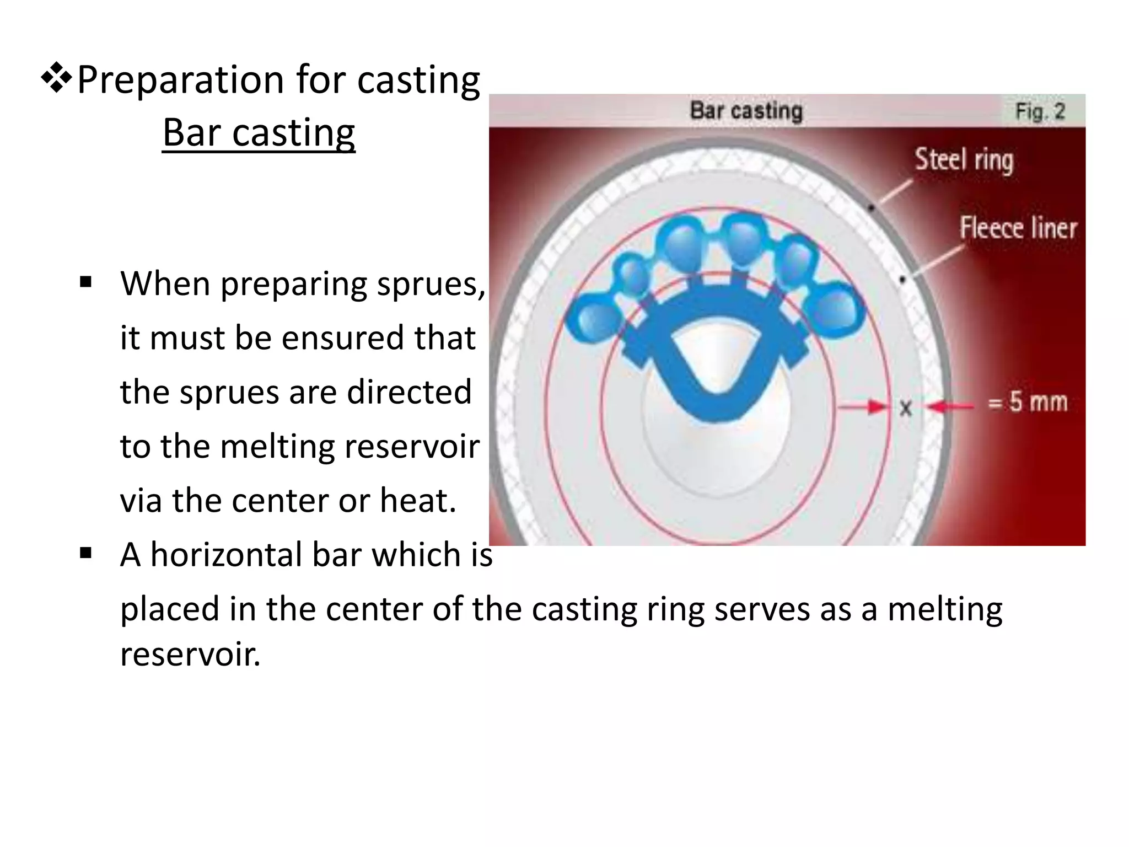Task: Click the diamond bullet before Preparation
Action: [x=56, y=78]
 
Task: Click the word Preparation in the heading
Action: [x=180, y=80]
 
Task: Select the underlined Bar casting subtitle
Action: [x=259, y=133]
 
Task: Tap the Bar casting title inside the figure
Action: [x=746, y=111]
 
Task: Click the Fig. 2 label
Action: [x=1040, y=111]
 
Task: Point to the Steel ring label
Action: [x=964, y=160]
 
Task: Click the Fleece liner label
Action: [x=1018, y=228]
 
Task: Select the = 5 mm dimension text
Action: [x=1028, y=401]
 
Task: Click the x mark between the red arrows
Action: [x=906, y=409]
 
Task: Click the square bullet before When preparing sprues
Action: [x=85, y=283]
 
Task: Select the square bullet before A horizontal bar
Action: [x=85, y=553]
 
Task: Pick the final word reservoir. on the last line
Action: [x=190, y=655]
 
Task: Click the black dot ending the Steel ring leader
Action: [x=872, y=208]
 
